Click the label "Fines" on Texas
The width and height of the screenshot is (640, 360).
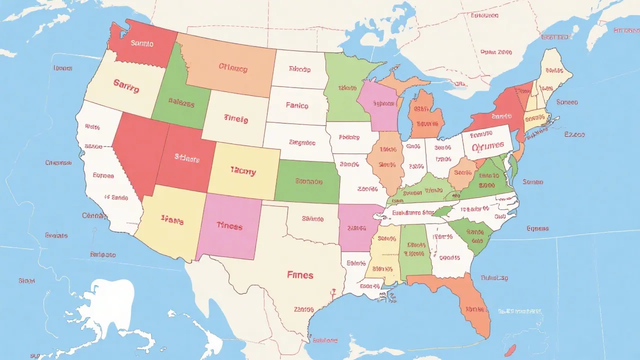point(300,275)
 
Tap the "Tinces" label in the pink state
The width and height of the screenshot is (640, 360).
point(229,226)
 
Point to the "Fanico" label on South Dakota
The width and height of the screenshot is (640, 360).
point(297,105)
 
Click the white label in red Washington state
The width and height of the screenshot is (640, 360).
point(142,43)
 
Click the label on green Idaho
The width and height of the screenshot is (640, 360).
point(180,104)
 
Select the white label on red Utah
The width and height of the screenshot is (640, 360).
point(187,159)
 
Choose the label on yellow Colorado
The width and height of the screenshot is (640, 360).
point(243,172)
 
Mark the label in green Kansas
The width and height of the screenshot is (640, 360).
point(308,181)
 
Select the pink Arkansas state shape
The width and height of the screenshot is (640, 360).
point(356,227)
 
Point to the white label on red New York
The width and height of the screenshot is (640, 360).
point(501,116)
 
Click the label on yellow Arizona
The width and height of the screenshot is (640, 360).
point(172,219)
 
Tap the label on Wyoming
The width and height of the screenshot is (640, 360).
point(235,119)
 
